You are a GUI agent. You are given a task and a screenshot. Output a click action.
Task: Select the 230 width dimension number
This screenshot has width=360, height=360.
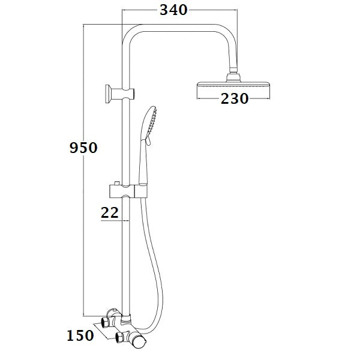tap(235, 99)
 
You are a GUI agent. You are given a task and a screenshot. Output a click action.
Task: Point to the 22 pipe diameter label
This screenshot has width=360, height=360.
tap(110, 212)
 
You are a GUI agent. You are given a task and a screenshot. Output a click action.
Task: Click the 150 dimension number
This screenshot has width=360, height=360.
tap(80, 335)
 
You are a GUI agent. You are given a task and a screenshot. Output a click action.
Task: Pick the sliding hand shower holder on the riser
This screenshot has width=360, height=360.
tap(125, 192)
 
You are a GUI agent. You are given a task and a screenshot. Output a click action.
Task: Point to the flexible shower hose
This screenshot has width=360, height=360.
tap(157, 258)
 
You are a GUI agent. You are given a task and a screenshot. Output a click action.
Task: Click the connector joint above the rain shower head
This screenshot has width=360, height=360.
tap(233, 76)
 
